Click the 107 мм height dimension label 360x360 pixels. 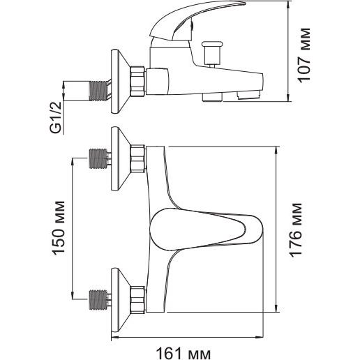304,55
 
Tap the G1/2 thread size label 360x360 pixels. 56,117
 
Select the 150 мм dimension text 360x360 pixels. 58,228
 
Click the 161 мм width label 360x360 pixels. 183,354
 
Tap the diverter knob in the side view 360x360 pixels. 211,54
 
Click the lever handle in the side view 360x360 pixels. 195,21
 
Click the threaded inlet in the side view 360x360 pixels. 99,91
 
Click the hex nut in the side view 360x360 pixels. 137,82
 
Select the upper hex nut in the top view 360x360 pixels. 137,158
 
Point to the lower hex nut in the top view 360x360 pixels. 137,300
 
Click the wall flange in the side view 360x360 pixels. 120,82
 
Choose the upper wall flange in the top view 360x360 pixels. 120,158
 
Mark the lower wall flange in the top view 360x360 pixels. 120,300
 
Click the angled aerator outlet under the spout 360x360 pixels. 248,95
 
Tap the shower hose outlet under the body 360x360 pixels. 213,97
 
